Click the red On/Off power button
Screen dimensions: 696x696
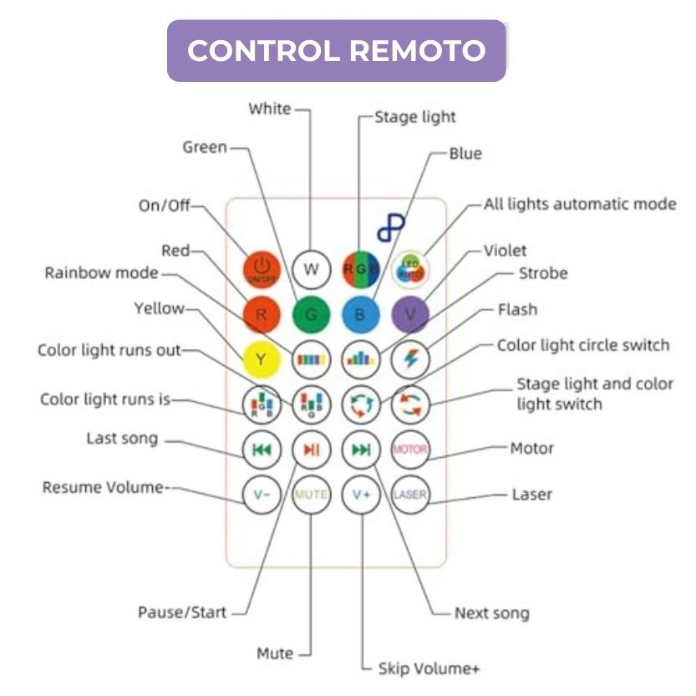click(x=262, y=268)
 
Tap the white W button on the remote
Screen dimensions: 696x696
click(x=311, y=268)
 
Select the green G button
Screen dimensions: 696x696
click(x=311, y=315)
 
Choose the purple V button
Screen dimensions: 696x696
click(x=409, y=315)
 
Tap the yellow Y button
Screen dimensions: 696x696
click(x=262, y=360)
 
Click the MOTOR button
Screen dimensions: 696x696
click(x=409, y=450)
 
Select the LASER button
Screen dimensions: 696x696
click(x=409, y=495)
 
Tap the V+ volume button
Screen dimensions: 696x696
click(x=361, y=495)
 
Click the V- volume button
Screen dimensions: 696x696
click(x=262, y=495)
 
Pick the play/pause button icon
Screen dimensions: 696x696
click(x=311, y=450)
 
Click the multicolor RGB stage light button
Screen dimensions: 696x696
click(x=361, y=268)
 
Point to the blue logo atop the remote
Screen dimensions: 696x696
click(x=390, y=227)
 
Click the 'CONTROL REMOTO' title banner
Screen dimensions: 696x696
click(x=336, y=50)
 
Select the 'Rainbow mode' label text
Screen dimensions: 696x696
click(x=101, y=272)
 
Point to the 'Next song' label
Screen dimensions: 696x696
click(x=491, y=613)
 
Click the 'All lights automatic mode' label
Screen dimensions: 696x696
click(x=580, y=204)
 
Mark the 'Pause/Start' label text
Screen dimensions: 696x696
click(x=182, y=612)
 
